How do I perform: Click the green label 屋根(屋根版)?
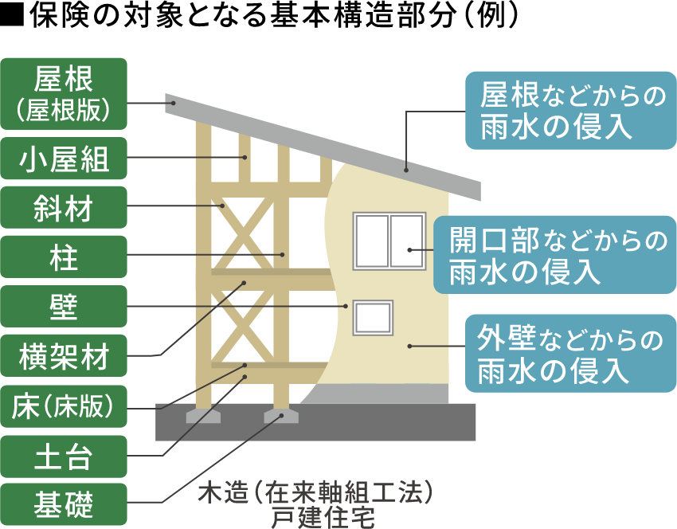tap(64, 93)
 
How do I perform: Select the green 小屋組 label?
tap(64, 162)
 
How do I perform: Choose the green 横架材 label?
tap(64, 356)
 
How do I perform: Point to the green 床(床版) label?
tap(64, 406)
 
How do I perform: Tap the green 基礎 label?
tap(64, 504)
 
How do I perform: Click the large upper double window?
tap(389, 241)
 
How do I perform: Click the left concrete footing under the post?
tap(203, 416)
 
